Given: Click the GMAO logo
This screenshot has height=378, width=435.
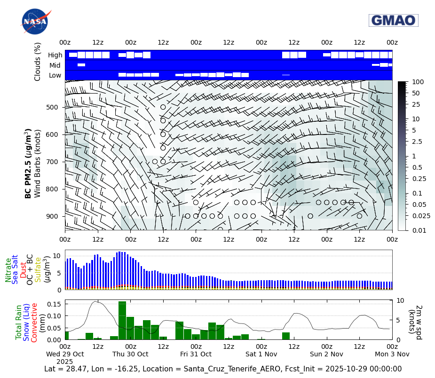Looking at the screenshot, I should click(x=393, y=20).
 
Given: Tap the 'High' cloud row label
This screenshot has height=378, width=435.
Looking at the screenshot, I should click(x=55, y=55).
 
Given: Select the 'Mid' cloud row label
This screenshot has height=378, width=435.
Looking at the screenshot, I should click(x=56, y=65).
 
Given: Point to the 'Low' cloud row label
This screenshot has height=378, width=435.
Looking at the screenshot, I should click(x=55, y=75).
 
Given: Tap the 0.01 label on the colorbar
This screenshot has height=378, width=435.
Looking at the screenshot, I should click(x=418, y=230).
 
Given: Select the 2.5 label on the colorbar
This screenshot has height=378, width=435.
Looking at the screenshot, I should click(x=417, y=142).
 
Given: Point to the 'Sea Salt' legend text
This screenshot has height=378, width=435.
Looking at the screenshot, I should click(x=15, y=269).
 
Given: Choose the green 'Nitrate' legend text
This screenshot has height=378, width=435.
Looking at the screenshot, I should click(x=8, y=270).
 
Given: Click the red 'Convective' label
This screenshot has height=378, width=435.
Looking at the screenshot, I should click(x=34, y=323).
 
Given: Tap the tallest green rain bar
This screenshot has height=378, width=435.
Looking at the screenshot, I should click(x=122, y=321).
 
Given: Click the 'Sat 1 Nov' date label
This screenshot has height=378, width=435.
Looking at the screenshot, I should click(x=261, y=354).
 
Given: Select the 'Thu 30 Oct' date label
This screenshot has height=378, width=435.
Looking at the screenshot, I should click(x=130, y=354).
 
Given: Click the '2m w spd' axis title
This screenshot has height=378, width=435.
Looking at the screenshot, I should click(x=415, y=320).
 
